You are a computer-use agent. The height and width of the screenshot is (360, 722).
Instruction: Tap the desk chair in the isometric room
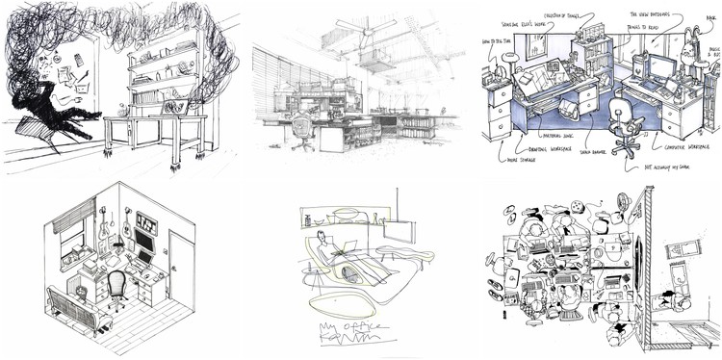pyautogui.click(x=116, y=288)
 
